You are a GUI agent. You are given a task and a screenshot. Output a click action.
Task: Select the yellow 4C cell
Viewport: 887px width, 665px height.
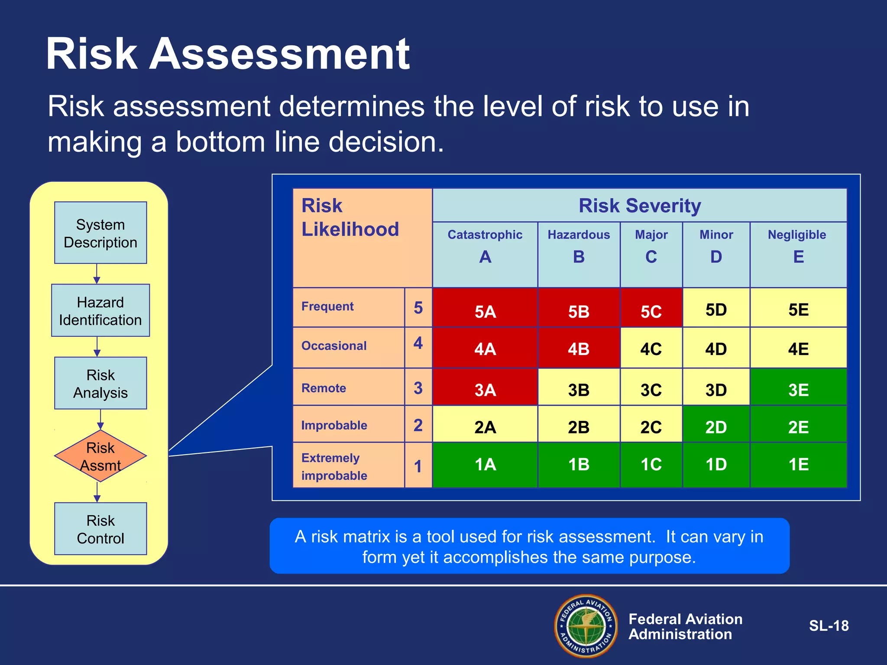coord(651,348)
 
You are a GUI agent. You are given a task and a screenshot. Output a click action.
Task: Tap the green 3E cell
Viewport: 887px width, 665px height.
coord(798,387)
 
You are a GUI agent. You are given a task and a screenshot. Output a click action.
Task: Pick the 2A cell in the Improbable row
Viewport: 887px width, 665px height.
coord(485,425)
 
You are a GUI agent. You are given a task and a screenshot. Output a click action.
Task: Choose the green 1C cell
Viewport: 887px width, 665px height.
coord(651,465)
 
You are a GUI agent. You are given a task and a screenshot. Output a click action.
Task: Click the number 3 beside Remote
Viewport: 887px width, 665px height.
coord(418,388)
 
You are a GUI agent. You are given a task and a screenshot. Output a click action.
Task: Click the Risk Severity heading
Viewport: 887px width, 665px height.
coord(639,205)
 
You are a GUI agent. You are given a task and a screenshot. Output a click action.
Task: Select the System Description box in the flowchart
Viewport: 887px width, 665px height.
coord(100,233)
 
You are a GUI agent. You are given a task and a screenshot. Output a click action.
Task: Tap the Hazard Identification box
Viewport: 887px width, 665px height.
coord(100,310)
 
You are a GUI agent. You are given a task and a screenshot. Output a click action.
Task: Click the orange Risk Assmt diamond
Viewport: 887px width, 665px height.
coord(100,456)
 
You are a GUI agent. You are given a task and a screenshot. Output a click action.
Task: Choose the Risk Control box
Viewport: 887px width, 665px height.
coord(100,529)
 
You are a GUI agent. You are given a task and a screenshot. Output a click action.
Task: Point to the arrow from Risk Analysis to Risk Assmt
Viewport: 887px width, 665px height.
coord(100,420)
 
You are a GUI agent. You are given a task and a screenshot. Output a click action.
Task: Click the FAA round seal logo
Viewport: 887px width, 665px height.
coord(586,626)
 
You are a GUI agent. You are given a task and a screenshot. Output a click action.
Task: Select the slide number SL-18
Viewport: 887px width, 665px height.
coord(829,626)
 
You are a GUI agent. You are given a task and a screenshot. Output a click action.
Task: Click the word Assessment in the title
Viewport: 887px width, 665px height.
coord(279,54)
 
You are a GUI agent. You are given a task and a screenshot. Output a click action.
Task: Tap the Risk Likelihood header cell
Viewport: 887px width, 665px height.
coord(363,238)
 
